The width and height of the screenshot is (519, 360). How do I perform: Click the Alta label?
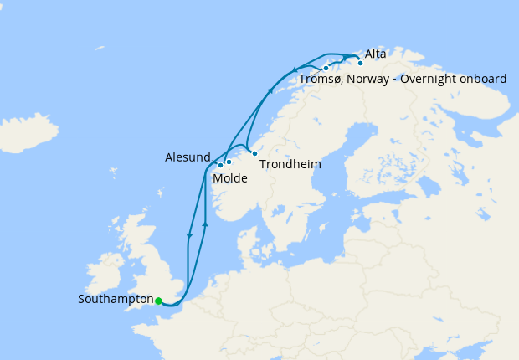coord(376,54)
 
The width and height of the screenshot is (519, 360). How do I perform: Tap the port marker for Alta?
coord(360,63)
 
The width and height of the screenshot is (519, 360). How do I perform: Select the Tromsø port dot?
coord(326,68)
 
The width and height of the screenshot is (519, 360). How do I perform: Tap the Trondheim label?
coord(290,165)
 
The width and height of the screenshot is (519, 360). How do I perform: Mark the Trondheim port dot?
coord(254,153)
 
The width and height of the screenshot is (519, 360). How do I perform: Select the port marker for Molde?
coord(229,162)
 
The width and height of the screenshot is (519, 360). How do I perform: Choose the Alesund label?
coord(187,157)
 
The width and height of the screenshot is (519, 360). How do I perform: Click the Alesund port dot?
coord(220,165)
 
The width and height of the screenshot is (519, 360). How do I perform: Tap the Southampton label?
coord(116,299)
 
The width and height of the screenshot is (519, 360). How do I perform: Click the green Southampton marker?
coord(158,301)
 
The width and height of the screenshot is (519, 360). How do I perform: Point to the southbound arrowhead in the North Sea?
coord(189,236)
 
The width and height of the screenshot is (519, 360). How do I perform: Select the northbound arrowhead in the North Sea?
coord(205,224)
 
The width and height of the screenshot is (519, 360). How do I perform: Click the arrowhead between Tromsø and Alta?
coord(345,58)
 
